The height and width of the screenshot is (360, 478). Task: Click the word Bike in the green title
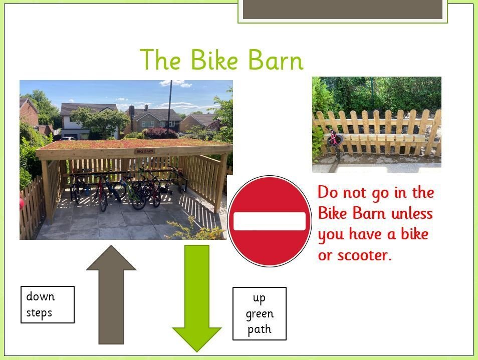[x=214, y=59]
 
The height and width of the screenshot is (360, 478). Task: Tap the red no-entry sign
[x=270, y=221]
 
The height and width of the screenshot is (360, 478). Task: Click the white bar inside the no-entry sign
[x=270, y=221]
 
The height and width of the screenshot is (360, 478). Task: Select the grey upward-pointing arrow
[x=111, y=294]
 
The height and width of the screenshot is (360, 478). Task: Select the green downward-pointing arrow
[x=197, y=298]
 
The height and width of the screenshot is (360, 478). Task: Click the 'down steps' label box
[x=48, y=304]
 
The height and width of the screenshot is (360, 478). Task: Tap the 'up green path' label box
[x=260, y=313]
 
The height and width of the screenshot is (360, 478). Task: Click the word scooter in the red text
[x=363, y=255]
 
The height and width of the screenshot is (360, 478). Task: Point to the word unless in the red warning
[x=412, y=213]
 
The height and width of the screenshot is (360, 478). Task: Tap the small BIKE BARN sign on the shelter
[x=145, y=151]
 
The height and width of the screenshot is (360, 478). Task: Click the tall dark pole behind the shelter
[x=170, y=110]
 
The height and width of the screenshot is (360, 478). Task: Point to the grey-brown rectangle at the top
[x=342, y=9]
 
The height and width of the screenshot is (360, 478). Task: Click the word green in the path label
[x=260, y=314]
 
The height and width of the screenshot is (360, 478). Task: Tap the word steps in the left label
[x=39, y=313]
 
